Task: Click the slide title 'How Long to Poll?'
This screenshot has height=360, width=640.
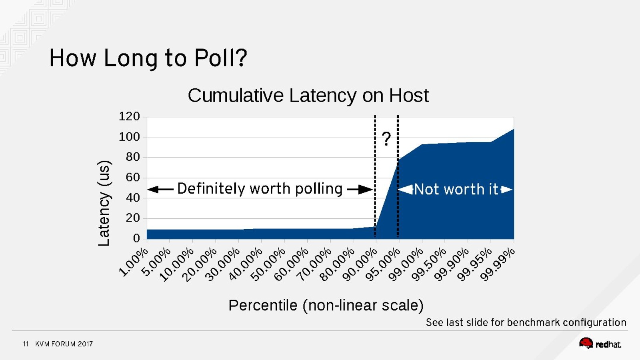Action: tap(148, 58)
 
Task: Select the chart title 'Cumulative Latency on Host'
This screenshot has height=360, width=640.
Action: tap(308, 96)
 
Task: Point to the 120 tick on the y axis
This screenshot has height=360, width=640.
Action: tap(129, 116)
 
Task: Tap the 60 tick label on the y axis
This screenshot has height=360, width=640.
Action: tap(133, 177)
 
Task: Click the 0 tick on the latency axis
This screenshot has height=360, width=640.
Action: tap(136, 238)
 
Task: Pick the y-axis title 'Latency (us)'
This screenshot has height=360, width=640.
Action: tap(104, 203)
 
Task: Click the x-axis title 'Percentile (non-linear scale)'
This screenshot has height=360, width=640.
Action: tap(326, 305)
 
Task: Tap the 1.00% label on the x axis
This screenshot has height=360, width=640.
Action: tap(134, 262)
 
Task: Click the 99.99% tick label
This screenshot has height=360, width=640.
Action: tap(497, 264)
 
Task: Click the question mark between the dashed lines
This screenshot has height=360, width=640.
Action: tap(386, 139)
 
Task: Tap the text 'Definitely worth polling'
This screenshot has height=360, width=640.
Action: tap(260, 188)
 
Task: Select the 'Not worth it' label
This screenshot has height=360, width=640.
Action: tap(456, 189)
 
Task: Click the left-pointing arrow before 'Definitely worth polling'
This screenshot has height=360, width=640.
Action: tap(160, 189)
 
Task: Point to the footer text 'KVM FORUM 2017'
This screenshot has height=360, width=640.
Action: tap(64, 344)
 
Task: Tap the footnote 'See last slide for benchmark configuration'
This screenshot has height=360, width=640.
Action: tap(526, 322)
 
